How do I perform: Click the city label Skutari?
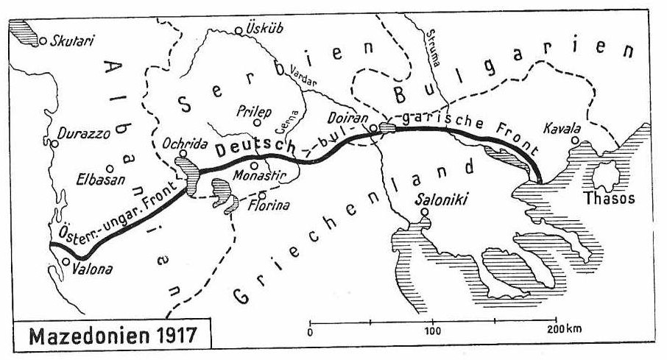72,43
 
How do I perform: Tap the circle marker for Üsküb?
239,30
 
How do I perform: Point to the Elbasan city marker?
110,168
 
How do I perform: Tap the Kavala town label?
562,128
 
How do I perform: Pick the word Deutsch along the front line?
252,148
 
